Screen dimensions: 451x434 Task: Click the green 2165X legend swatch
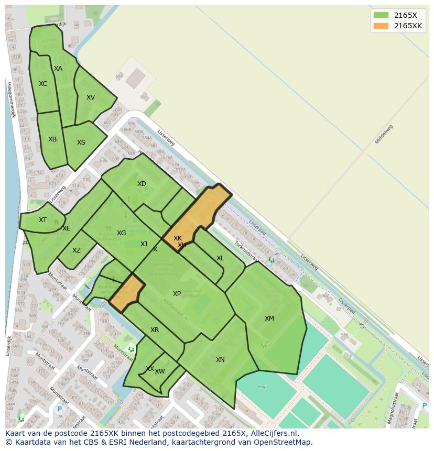click(381, 15)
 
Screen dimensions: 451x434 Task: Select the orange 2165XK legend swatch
click(381, 26)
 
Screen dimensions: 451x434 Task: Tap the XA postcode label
click(58, 69)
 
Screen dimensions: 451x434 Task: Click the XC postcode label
click(43, 84)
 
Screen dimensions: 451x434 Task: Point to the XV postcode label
click(91, 97)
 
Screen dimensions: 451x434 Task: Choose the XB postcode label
click(52, 139)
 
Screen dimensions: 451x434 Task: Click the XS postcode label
click(81, 142)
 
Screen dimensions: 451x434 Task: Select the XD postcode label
click(142, 184)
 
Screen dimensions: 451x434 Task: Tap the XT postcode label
click(42, 220)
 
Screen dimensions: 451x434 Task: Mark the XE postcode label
click(67, 228)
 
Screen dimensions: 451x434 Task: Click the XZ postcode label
click(77, 250)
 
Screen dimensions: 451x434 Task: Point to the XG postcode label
click(121, 233)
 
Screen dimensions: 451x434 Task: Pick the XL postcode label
click(220, 258)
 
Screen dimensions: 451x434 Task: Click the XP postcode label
click(177, 294)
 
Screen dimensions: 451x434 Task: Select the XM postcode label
click(269, 318)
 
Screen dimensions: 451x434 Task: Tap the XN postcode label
click(220, 360)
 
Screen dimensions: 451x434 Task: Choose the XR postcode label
click(155, 330)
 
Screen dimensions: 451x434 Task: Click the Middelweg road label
click(384, 135)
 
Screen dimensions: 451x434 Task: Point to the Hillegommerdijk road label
click(9, 99)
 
